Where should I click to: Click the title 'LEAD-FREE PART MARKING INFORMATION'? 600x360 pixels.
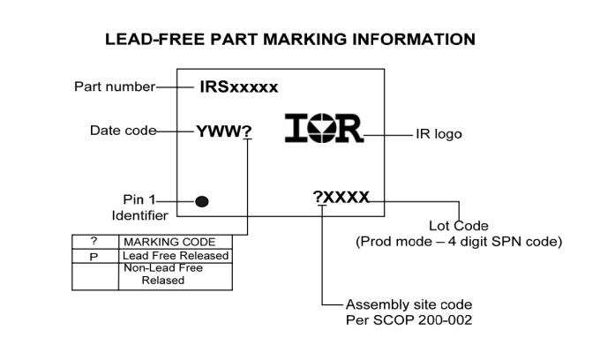[x=290, y=40]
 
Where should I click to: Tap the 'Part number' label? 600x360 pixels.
[x=113, y=86]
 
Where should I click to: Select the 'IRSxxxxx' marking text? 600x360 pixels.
[x=238, y=86]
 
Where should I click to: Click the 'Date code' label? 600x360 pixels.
[x=123, y=131]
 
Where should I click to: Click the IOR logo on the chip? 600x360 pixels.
[x=324, y=129]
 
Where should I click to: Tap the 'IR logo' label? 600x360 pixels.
[x=439, y=135]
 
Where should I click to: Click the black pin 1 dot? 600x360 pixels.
[x=202, y=201]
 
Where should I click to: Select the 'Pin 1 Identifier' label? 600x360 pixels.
[x=139, y=207]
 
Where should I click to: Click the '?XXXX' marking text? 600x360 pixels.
[x=341, y=198]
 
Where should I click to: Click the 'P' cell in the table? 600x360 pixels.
[x=94, y=256]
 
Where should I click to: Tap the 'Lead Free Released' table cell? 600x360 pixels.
[x=176, y=256]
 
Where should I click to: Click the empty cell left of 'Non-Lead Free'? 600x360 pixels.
[x=94, y=275]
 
